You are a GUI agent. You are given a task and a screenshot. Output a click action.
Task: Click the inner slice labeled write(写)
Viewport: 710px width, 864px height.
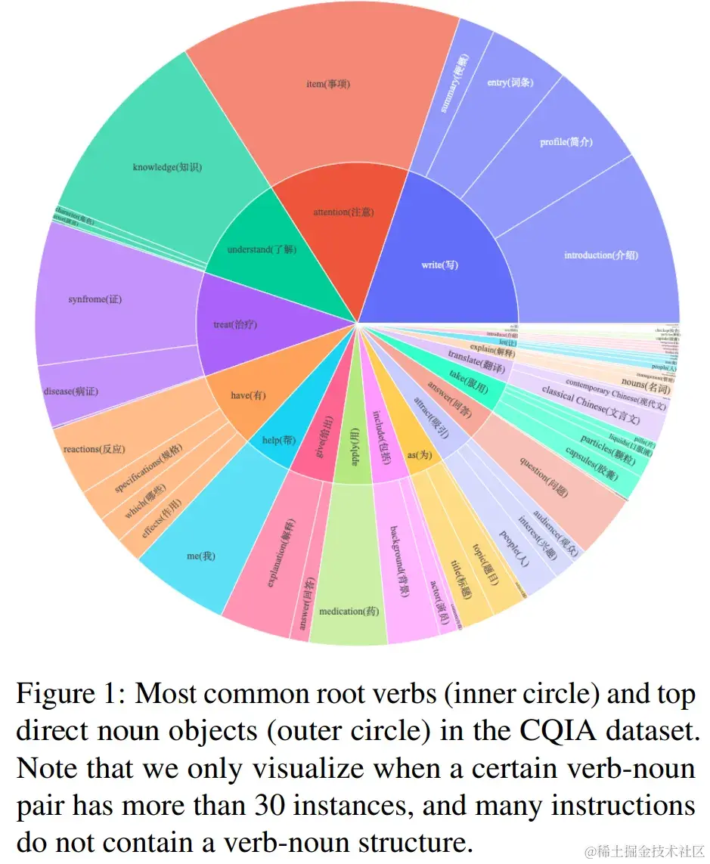(439, 265)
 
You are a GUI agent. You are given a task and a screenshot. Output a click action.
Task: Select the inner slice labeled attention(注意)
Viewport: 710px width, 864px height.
(343, 212)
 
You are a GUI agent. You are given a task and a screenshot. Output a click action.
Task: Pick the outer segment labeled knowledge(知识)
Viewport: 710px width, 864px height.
(167, 166)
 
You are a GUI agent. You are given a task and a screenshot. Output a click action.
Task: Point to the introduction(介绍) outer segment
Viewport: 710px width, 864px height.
(601, 255)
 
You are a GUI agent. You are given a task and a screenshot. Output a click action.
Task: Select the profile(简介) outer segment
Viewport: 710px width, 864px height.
(566, 142)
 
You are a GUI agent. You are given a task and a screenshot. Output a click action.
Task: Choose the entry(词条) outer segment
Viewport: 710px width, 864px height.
(510, 82)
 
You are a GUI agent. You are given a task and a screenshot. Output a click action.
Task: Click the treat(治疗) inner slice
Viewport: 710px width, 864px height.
(235, 324)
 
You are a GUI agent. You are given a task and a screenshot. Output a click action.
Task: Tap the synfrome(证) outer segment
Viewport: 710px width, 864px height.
(95, 299)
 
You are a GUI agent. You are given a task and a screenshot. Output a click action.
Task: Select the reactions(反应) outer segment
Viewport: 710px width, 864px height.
(95, 449)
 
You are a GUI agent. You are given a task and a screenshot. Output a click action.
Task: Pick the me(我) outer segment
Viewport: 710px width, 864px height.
(201, 556)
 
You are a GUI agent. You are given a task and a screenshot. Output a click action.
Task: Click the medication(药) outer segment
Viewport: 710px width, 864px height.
(349, 611)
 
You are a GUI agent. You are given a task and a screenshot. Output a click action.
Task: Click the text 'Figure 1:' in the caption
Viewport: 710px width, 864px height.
(69, 694)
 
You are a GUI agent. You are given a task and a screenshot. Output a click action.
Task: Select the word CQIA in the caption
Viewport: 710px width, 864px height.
(558, 732)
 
